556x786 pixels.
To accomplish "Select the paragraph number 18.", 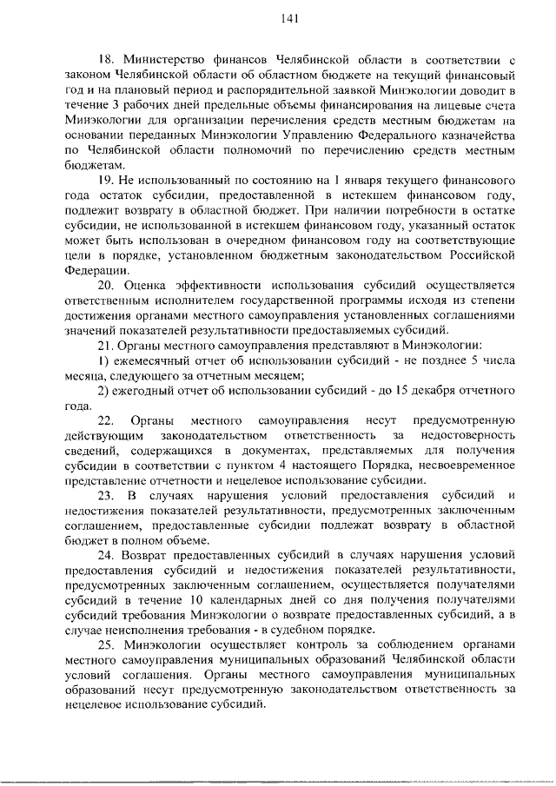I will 105,60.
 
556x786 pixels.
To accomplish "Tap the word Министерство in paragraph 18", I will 162,60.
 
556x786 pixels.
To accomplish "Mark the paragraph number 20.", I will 106,287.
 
